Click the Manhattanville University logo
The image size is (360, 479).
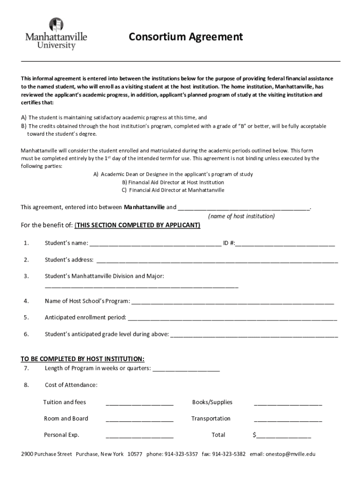[56, 34]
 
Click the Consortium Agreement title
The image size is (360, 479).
[186, 37]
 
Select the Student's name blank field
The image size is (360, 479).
[155, 243]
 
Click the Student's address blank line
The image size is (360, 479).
[217, 260]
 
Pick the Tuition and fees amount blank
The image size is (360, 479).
[140, 403]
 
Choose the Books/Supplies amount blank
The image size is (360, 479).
[288, 403]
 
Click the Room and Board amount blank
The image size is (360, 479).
[140, 419]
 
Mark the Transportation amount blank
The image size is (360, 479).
[288, 419]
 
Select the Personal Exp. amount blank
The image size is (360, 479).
[140, 435]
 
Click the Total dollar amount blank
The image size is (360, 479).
[283, 435]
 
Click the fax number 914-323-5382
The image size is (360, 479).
[229, 454]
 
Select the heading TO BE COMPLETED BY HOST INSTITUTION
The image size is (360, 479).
[83, 359]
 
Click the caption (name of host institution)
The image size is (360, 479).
[241, 217]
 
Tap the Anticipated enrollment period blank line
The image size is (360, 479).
[232, 318]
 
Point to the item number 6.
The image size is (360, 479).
[26, 334]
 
